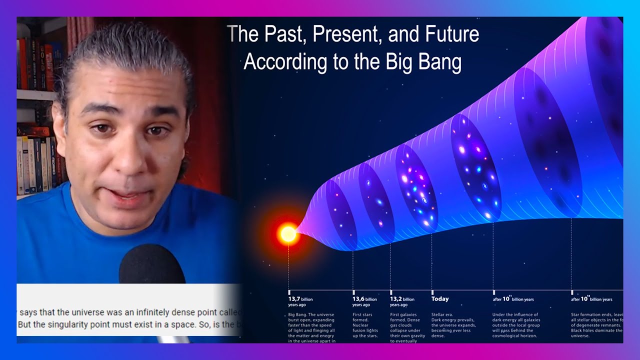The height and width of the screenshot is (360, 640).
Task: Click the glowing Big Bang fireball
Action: point(288,233)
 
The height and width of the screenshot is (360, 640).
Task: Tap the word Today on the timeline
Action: point(440,299)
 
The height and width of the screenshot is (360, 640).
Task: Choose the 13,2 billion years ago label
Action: point(402,301)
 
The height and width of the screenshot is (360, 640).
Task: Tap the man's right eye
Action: point(103,129)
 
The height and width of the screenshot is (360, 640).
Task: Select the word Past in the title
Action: point(283,34)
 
